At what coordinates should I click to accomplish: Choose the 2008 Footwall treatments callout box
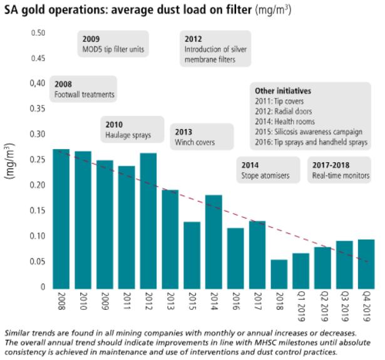click(x=84, y=89)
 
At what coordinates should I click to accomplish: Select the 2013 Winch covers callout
click(x=202, y=137)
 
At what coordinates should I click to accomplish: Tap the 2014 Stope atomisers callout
click(x=267, y=170)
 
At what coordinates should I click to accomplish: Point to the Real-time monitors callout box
click(x=341, y=170)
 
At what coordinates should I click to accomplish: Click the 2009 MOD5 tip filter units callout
click(x=113, y=44)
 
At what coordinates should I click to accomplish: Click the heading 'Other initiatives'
click(x=283, y=91)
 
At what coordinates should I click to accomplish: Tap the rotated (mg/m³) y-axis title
click(x=11, y=162)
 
